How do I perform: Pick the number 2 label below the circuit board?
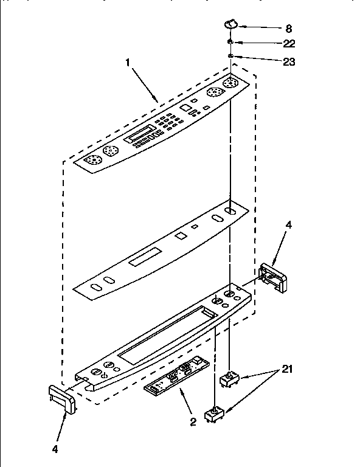click(193, 421)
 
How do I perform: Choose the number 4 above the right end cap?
click(288, 226)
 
